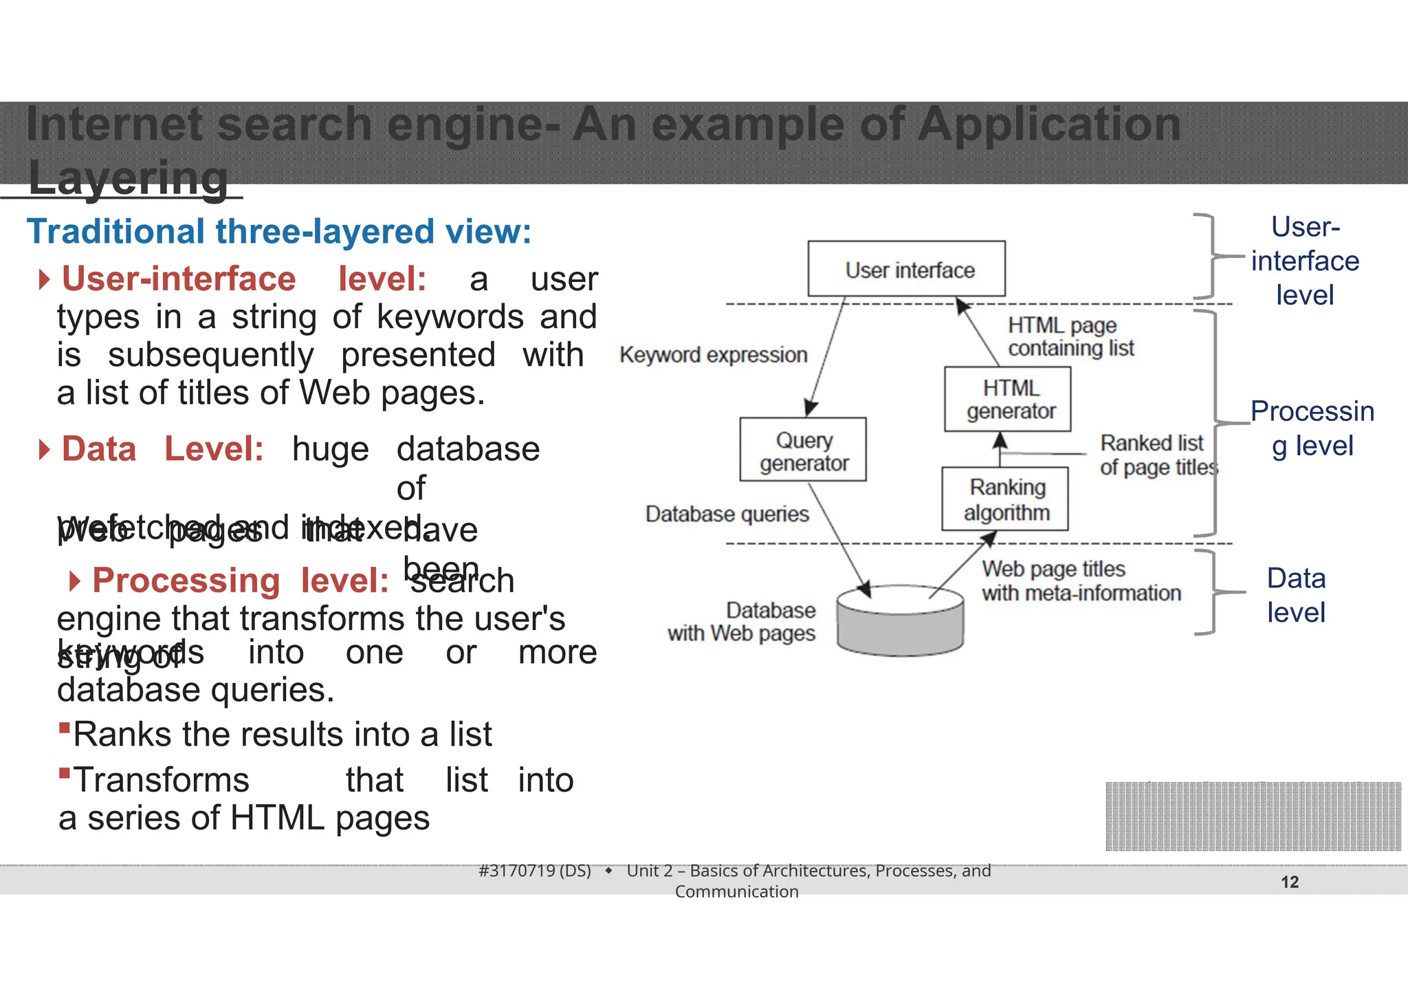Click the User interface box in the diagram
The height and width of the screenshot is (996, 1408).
click(906, 269)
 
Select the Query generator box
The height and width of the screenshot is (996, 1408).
click(803, 450)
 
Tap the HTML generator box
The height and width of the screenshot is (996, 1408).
click(1008, 400)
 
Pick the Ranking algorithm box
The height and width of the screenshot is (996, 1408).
click(1005, 499)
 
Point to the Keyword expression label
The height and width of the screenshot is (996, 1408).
click(713, 355)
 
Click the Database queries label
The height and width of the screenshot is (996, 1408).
click(727, 514)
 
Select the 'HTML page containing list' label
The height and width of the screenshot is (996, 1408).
click(1070, 337)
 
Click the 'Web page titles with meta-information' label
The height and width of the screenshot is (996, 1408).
click(1081, 581)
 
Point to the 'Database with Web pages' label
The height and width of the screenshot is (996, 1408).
click(742, 621)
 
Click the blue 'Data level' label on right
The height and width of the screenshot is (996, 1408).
click(1296, 595)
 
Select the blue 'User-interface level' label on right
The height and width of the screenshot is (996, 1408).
click(1304, 261)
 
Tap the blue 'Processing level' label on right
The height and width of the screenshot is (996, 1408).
click(1312, 428)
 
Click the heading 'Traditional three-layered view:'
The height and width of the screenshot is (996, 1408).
click(279, 231)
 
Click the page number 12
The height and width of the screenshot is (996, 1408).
click(1290, 882)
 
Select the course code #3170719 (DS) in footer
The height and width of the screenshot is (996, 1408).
click(535, 871)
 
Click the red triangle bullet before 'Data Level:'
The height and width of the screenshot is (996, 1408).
click(45, 450)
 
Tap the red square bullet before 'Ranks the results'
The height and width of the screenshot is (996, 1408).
click(65, 728)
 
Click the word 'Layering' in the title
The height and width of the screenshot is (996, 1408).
click(128, 178)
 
